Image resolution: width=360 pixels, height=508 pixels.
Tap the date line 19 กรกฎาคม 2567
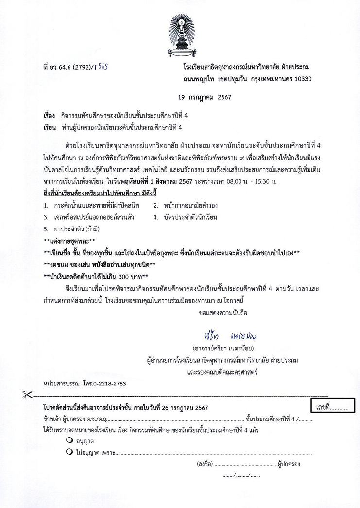pos(205,97)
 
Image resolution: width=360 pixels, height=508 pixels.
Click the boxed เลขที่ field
pos(333,405)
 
